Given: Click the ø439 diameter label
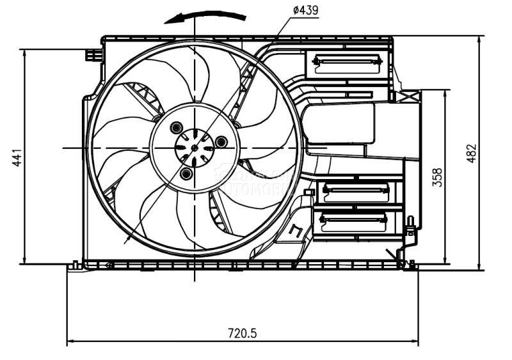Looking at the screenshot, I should pyautogui.click(x=305, y=10).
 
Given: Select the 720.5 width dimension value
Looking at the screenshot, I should pyautogui.click(x=243, y=333).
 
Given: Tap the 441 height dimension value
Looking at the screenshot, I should pyautogui.click(x=17, y=157).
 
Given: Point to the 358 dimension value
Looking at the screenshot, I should pyautogui.click(x=438, y=177).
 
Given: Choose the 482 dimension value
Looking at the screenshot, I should pyautogui.click(x=472, y=153).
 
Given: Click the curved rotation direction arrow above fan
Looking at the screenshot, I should pyautogui.click(x=205, y=16).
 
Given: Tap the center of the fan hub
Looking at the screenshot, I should pyautogui.click(x=195, y=148).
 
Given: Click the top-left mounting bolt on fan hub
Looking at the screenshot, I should pyautogui.click(x=176, y=127).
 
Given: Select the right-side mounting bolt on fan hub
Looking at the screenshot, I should pyautogui.click(x=221, y=141).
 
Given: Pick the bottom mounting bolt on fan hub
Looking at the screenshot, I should pyautogui.click(x=186, y=173).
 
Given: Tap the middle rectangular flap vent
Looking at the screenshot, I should pyautogui.click(x=356, y=190).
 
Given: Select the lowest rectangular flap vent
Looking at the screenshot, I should pyautogui.click(x=354, y=222).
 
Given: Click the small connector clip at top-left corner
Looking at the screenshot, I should pyautogui.click(x=94, y=55).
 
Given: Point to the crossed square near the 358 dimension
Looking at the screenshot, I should pyautogui.click(x=406, y=97).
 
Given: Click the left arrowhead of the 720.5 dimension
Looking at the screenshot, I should pyautogui.click(x=71, y=341).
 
